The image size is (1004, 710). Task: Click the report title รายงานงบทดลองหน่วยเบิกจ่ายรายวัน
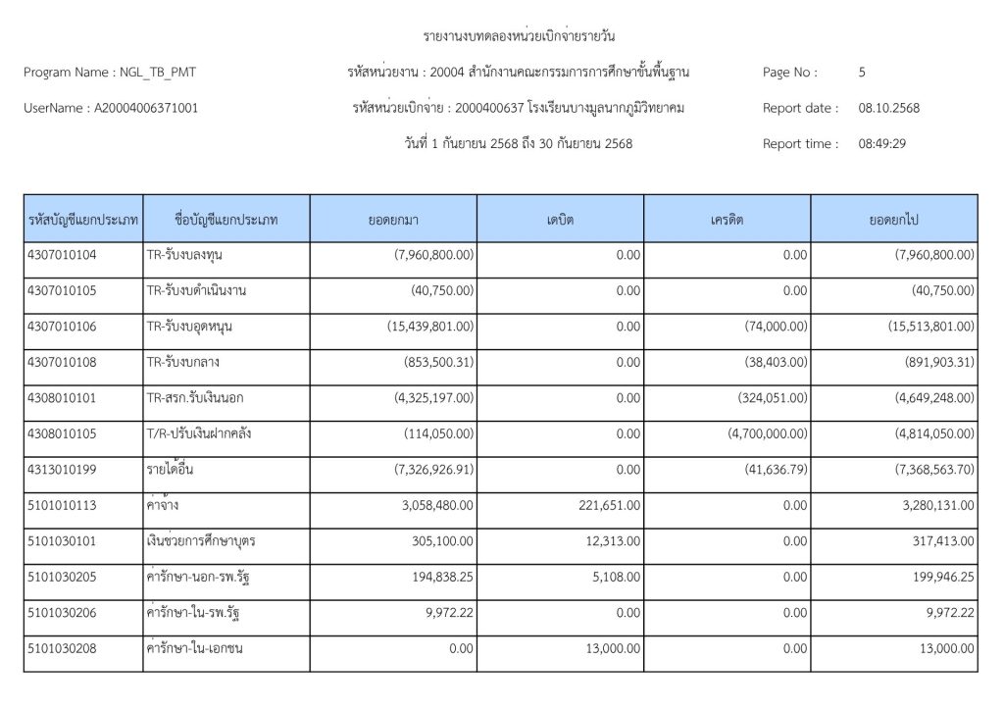tap(519, 37)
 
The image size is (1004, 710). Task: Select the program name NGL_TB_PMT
tap(157, 72)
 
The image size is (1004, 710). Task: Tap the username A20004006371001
tap(145, 108)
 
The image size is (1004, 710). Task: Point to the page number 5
tap(862, 72)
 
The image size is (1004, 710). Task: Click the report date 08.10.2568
tap(889, 108)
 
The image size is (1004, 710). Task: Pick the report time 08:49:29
tap(881, 143)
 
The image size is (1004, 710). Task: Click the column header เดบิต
tap(561, 220)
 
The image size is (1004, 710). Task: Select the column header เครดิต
tap(728, 220)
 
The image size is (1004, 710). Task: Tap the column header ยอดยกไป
tap(893, 220)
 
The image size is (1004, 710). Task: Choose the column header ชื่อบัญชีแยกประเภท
tap(226, 220)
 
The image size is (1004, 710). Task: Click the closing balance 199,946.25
tap(935, 577)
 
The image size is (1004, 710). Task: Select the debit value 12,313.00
tap(613, 540)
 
